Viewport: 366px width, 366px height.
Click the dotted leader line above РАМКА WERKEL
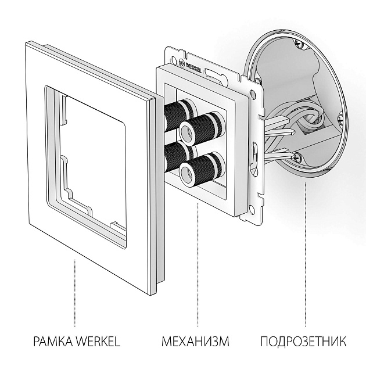coord(74,290)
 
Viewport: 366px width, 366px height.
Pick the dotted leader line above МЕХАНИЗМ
coord(197,267)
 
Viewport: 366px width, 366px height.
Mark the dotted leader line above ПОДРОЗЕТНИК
coord(304,256)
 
